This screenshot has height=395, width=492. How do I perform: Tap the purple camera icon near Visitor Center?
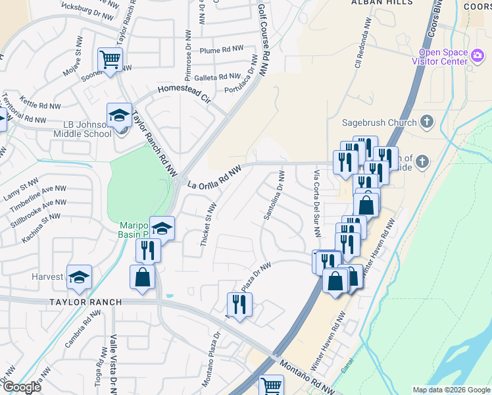click(x=478, y=57)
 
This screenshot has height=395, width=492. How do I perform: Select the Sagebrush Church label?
click(x=380, y=122)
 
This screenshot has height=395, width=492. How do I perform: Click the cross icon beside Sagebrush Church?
click(x=426, y=122)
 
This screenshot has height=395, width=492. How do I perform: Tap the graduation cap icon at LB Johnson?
click(x=119, y=115)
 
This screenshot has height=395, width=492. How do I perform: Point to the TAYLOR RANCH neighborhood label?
click(x=85, y=302)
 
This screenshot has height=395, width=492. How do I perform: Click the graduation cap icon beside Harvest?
click(x=79, y=277)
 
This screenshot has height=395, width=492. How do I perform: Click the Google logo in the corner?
click(x=22, y=387)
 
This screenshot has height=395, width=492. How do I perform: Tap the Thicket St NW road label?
click(x=207, y=226)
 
